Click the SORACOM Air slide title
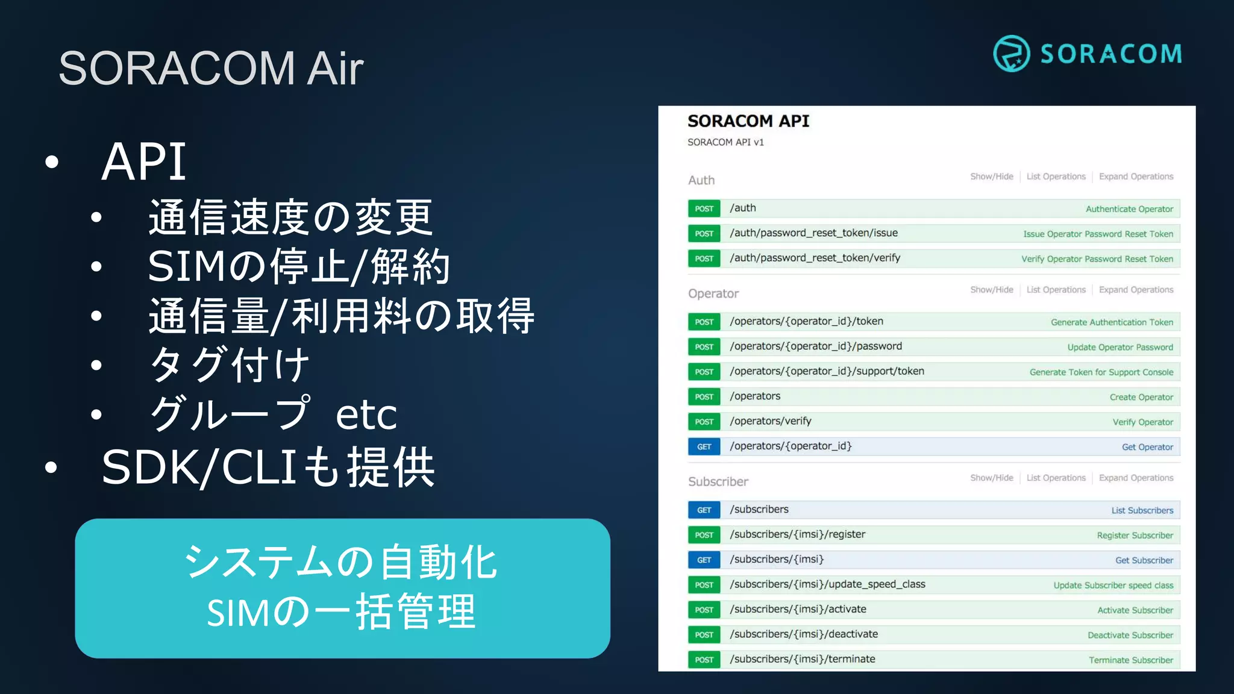coord(211,68)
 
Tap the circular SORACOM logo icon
coord(1011,54)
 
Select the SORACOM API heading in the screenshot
coord(748,121)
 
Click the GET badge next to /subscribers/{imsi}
coord(704,560)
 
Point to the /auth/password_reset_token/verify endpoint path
coord(815,258)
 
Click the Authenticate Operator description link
coord(1129,209)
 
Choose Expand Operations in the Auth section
coord(1136,177)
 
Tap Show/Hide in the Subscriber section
coord(991,478)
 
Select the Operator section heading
coord(713,293)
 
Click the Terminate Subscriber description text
coord(1130,660)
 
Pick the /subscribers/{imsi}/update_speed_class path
coord(827,584)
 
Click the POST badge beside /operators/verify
coord(704,422)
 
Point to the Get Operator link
coord(1147,447)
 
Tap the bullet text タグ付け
coord(230,365)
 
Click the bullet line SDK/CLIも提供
coord(268,467)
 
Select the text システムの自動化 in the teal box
coord(341,563)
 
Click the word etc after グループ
coord(366,414)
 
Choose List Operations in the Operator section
coord(1056,290)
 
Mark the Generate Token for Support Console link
coord(1101,372)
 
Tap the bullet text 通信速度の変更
coord(290,217)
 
